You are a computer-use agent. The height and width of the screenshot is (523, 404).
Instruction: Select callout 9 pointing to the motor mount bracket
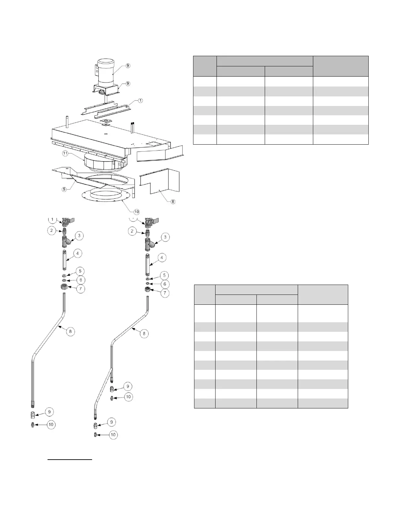coord(128,84)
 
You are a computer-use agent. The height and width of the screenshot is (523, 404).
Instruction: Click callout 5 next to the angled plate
coord(65,189)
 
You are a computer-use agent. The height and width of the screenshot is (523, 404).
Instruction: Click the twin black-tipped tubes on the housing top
coord(133,127)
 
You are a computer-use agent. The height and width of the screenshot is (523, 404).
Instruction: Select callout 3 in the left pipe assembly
coord(79,236)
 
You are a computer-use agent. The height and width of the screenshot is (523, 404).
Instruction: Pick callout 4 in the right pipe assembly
coord(162,258)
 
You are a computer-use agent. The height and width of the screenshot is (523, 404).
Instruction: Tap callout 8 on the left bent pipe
coord(71,331)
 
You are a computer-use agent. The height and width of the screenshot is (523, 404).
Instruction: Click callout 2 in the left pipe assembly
coord(51,230)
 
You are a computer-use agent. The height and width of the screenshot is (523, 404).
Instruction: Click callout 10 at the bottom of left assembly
coord(51,425)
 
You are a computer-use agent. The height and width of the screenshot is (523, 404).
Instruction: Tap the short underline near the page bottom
coord(70,459)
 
